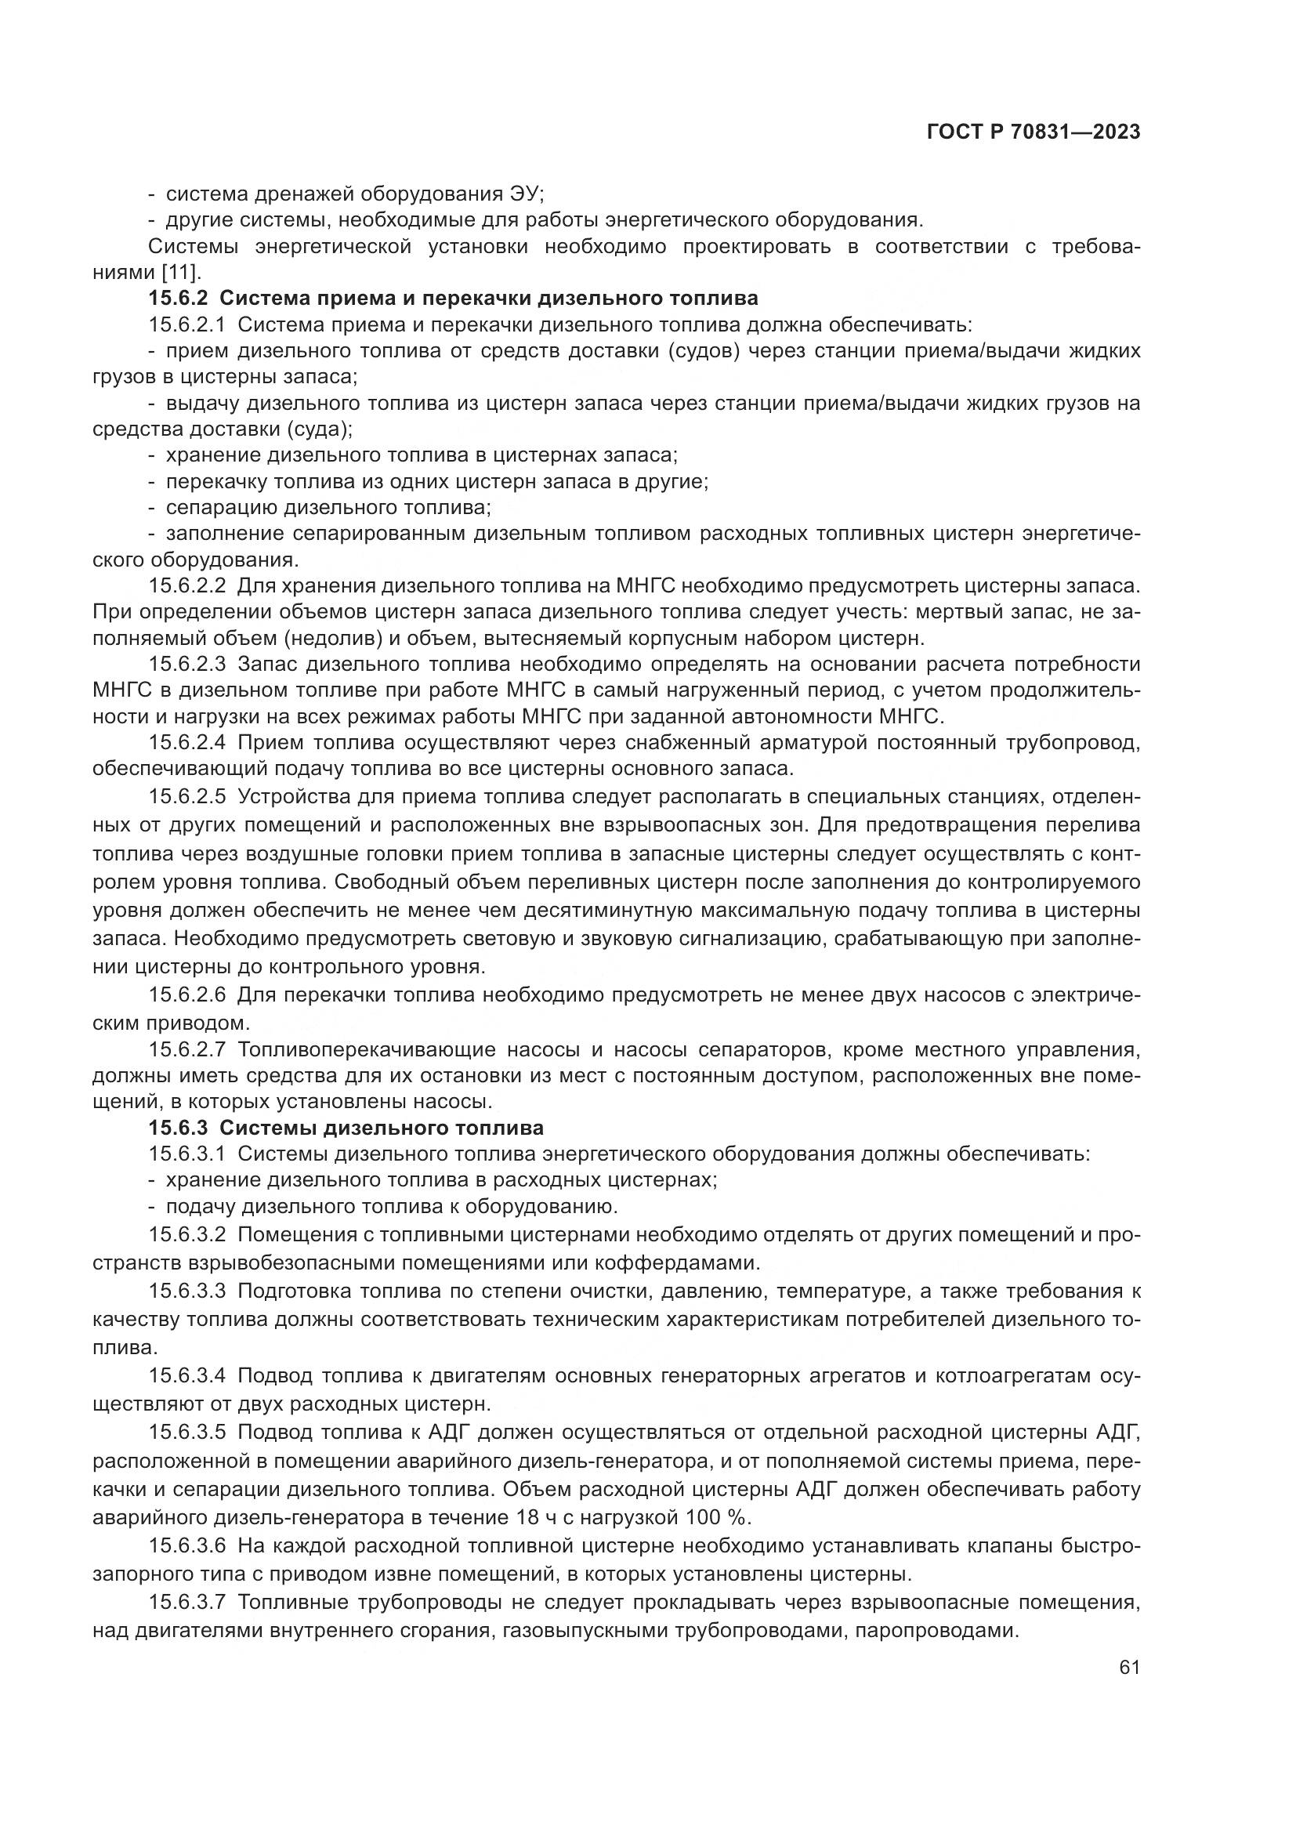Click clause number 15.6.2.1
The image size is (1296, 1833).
(x=187, y=325)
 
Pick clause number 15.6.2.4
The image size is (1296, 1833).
(x=187, y=742)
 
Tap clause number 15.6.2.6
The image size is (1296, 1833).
(x=187, y=994)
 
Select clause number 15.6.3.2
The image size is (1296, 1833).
(x=187, y=1235)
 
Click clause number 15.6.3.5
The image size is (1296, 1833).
(x=187, y=1433)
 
